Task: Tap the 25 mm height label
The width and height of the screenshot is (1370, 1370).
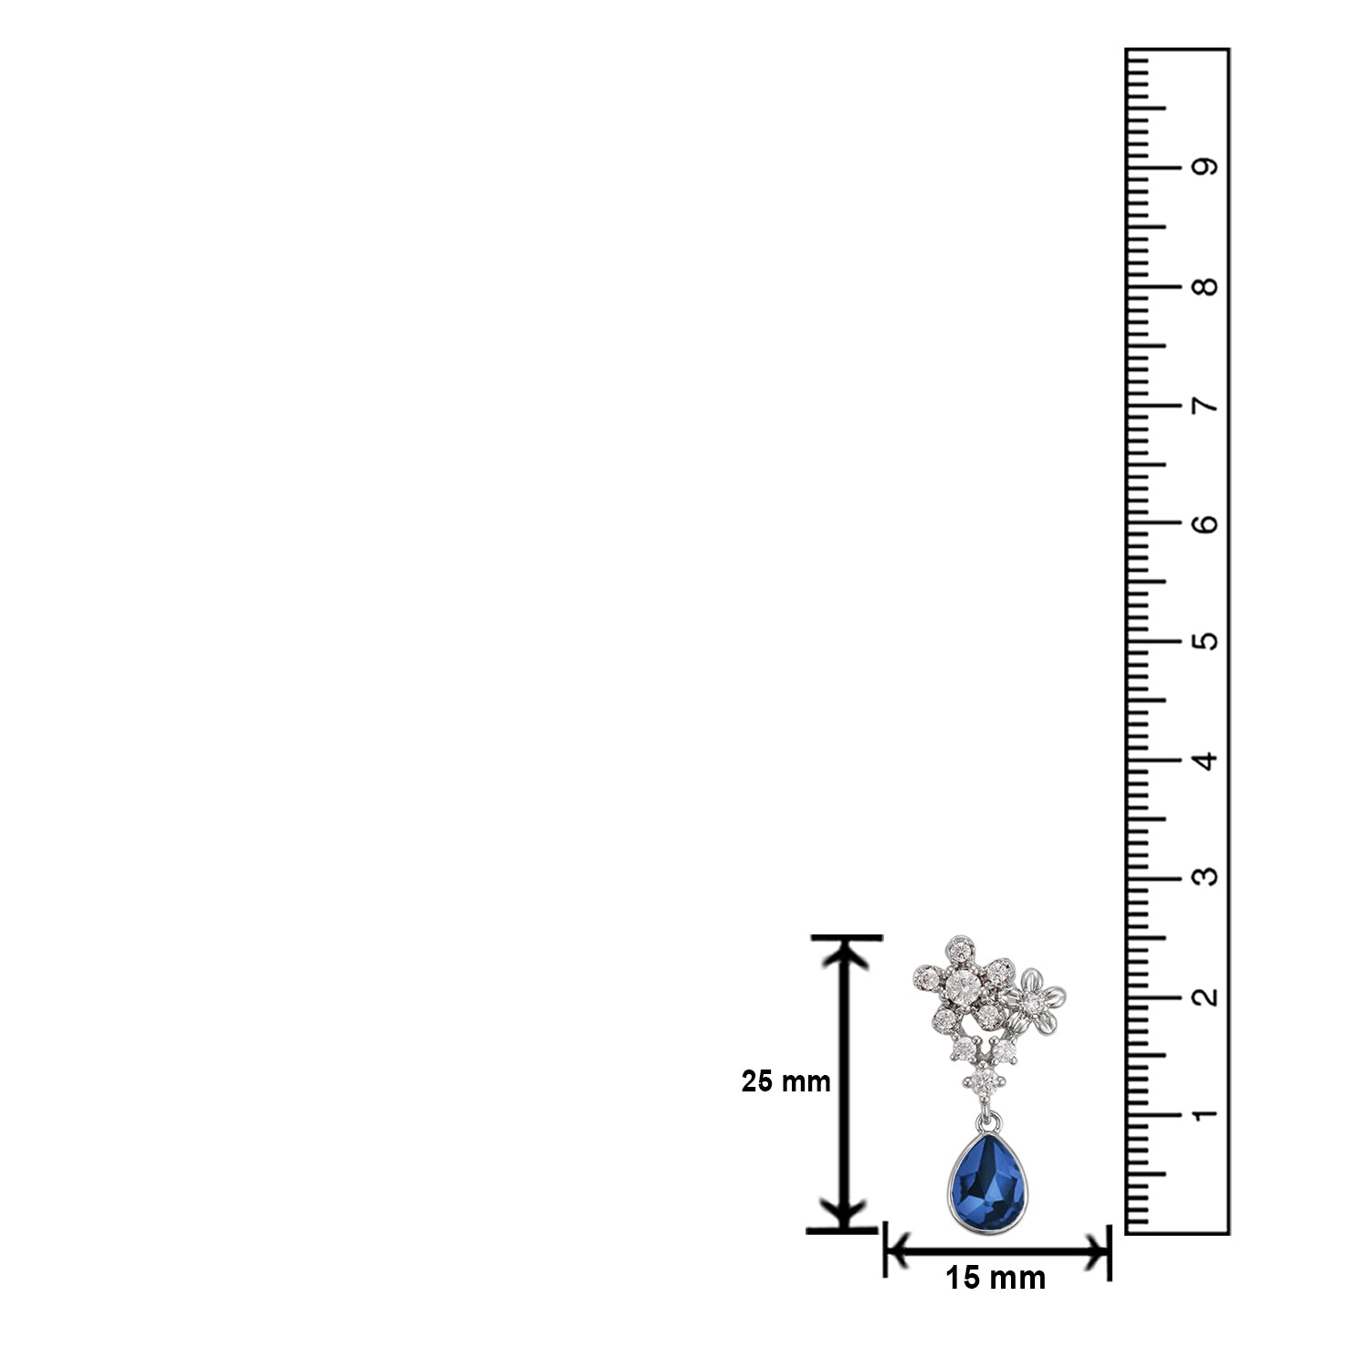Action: coord(785,1082)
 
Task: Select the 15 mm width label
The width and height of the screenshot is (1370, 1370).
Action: coord(996,1279)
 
